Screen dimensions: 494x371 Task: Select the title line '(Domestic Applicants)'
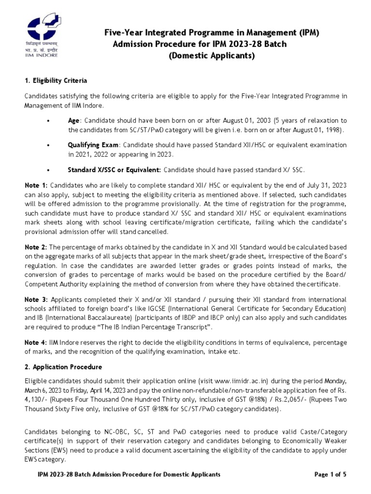[211, 56]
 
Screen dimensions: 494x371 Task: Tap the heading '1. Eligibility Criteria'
[56, 80]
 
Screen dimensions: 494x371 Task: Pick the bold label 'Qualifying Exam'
[93, 145]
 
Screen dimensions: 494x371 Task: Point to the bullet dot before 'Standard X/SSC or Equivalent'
[48, 170]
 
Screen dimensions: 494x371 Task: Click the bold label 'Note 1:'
[36, 185]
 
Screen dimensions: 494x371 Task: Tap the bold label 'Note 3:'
[36, 300]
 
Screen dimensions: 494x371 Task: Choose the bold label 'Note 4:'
[36, 343]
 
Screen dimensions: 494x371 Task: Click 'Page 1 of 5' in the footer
[330, 475]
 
